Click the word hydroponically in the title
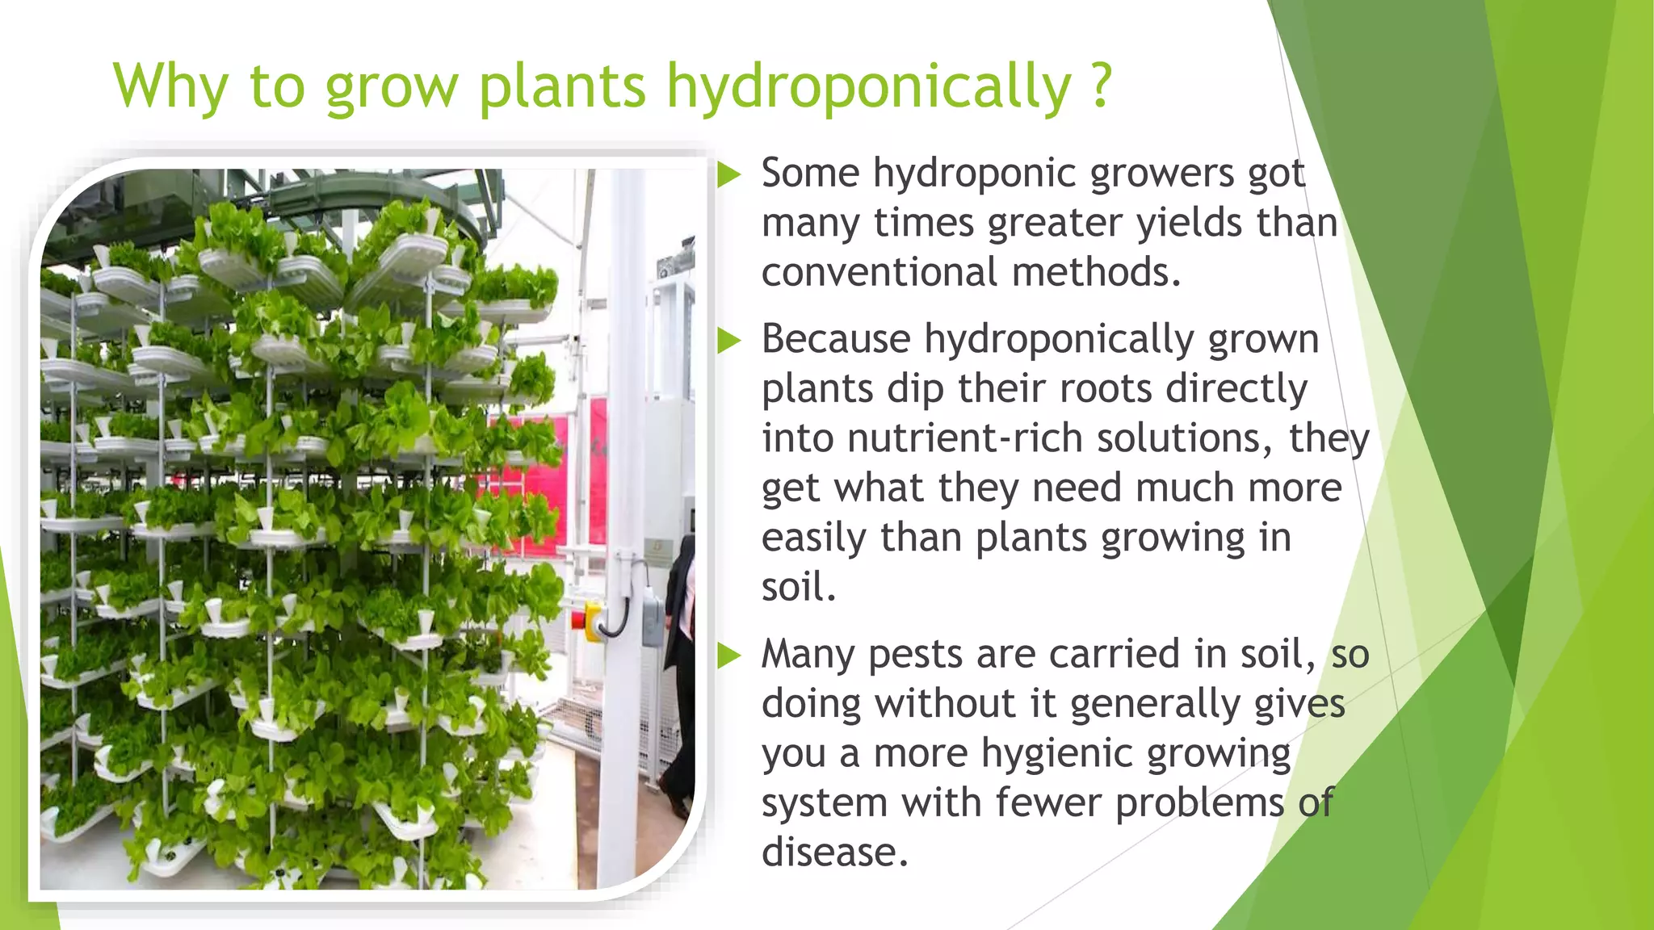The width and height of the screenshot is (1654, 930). [x=868, y=86]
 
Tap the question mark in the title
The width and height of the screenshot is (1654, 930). [x=1101, y=86]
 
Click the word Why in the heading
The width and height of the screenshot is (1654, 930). [x=170, y=86]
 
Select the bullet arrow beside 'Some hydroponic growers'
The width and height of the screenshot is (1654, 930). [x=728, y=174]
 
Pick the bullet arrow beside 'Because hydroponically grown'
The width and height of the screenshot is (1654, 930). [x=728, y=340]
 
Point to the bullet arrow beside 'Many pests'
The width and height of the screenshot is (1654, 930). [x=728, y=655]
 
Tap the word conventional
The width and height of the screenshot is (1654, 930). [x=880, y=272]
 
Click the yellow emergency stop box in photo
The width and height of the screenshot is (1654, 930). [x=593, y=622]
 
